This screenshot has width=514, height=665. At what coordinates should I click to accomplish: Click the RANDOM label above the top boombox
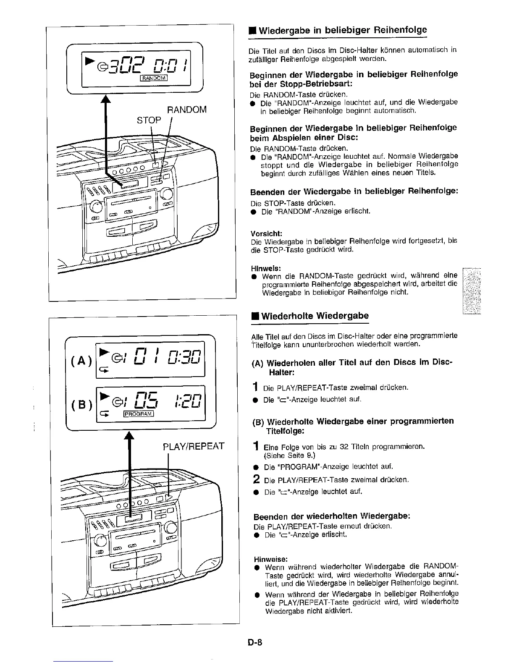tap(187, 110)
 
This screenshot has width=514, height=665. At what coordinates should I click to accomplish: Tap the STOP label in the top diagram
tap(149, 120)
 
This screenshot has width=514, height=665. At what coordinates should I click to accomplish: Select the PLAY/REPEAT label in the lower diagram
tap(194, 446)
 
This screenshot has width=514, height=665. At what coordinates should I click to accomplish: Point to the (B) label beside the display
tap(80, 406)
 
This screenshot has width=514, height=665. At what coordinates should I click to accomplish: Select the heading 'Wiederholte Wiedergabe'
tap(315, 316)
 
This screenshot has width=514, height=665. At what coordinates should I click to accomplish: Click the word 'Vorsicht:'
tap(266, 233)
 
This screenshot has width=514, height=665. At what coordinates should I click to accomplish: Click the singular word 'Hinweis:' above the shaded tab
tap(266, 268)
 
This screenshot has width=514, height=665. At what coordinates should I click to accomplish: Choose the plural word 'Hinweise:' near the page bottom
tap(271, 559)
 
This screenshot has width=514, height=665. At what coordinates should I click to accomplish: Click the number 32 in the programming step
tap(344, 446)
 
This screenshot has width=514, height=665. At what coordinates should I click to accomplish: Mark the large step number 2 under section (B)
tap(257, 479)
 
